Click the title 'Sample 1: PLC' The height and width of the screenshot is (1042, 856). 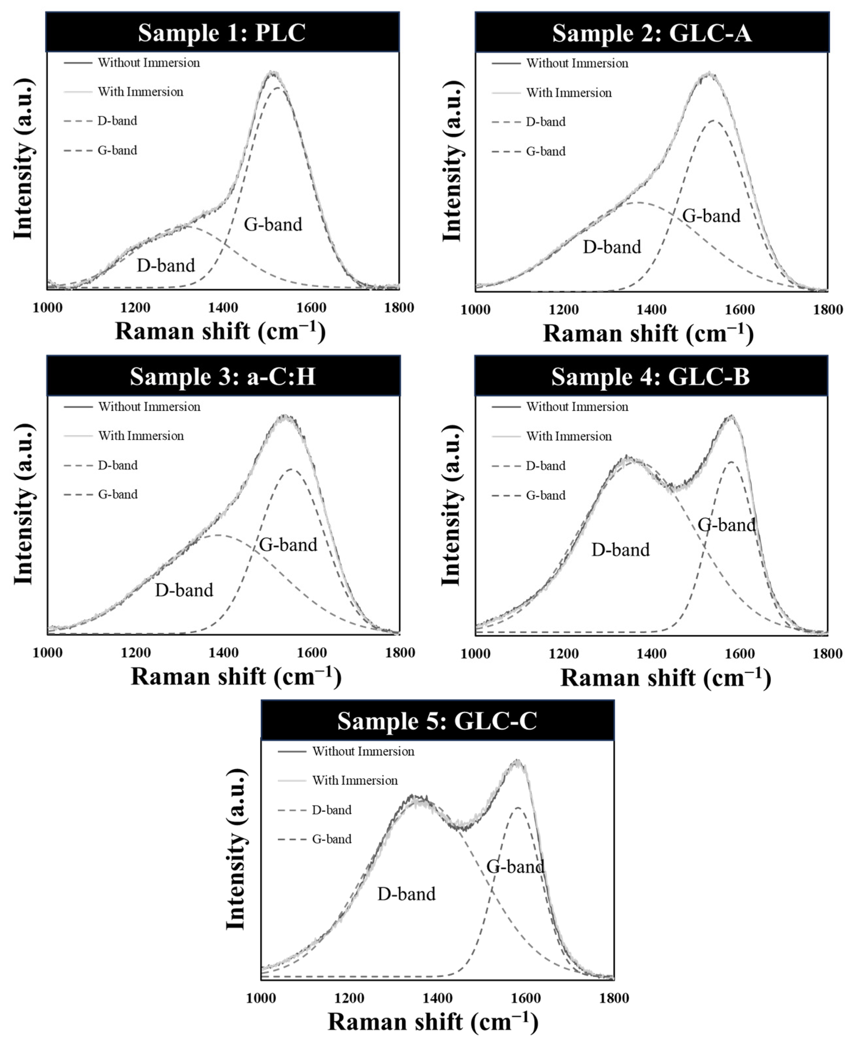click(222, 33)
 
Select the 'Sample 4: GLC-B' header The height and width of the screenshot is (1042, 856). click(651, 376)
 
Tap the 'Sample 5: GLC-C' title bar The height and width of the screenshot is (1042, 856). click(437, 721)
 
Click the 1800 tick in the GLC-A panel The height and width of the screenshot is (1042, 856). click(827, 309)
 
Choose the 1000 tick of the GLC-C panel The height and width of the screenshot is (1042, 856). click(261, 998)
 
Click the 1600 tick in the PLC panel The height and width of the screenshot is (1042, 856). click(312, 307)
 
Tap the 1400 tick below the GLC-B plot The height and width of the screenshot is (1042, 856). click(651, 654)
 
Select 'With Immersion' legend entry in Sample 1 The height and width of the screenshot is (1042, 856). click(141, 92)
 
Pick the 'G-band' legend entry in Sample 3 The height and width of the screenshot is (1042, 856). click(117, 494)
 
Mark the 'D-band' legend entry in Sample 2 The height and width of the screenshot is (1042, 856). click(545, 122)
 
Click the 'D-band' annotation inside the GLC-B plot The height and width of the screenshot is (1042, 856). click(620, 550)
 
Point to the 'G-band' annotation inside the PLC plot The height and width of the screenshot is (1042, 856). click(273, 224)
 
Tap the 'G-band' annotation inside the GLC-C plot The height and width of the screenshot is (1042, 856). click(515, 867)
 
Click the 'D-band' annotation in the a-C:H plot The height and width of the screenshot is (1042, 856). click(184, 590)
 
